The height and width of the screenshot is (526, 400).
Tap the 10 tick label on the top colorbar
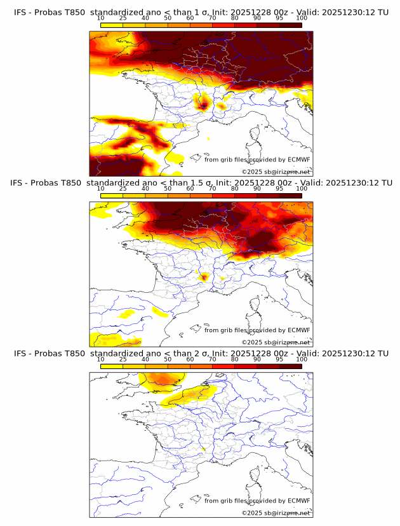tap(100, 18)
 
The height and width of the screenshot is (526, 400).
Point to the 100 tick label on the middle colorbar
tap(302, 189)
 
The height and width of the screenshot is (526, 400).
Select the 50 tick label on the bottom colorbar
tap(167, 359)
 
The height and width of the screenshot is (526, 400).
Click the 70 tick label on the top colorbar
tap(212, 18)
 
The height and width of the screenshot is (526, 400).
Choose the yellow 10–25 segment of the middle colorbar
tap(112, 195)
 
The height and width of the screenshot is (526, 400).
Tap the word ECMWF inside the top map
tap(298, 159)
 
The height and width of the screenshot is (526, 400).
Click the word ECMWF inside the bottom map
tap(298, 501)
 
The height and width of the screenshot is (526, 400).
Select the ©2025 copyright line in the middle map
tap(276, 342)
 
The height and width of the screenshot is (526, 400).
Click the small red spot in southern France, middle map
tap(204, 276)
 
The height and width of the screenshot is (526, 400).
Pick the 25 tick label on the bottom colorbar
tap(123, 359)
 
